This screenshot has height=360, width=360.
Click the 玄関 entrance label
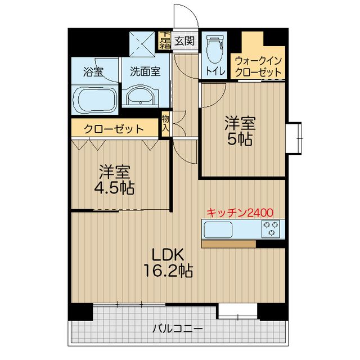pyautogui.click(x=184, y=40)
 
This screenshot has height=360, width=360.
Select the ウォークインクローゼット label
pyautogui.click(x=258, y=66)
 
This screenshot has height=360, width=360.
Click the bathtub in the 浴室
pyautogui.click(x=93, y=100)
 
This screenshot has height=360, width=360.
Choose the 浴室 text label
pyautogui.click(x=93, y=71)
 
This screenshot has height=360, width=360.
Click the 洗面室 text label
pyautogui.click(x=145, y=71)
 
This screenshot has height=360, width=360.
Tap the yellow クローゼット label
pyautogui.click(x=114, y=129)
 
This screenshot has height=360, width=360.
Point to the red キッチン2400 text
pyautogui.click(x=240, y=213)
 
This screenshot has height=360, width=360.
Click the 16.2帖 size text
pyautogui.click(x=166, y=272)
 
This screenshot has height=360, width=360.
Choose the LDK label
pyautogui.click(x=166, y=255)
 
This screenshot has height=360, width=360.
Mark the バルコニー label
pyautogui.click(x=178, y=328)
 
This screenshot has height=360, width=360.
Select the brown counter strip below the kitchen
pyautogui.click(x=228, y=244)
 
